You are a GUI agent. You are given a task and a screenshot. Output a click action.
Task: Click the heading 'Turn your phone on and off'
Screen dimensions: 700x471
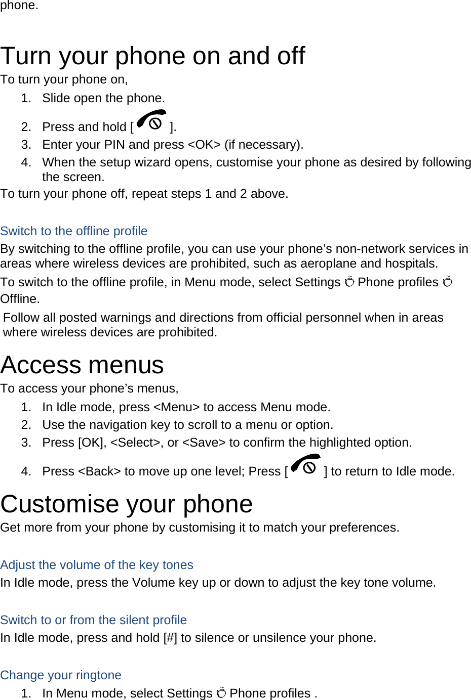coord(152,56)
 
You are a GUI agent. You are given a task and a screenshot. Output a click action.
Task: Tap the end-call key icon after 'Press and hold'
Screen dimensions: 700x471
coord(151,121)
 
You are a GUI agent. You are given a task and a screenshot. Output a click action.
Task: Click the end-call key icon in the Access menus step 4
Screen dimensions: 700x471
coord(306,466)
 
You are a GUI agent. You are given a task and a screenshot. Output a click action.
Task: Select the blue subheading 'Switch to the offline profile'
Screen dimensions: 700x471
coord(74,231)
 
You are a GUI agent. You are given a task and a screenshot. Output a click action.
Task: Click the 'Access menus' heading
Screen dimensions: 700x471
coord(82,365)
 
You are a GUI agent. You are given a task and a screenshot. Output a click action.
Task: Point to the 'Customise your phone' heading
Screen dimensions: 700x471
coord(127,504)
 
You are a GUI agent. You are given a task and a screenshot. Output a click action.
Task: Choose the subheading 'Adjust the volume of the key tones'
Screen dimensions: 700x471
coord(97,565)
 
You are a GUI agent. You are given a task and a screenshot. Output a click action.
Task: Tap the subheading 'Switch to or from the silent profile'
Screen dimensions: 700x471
coord(94,620)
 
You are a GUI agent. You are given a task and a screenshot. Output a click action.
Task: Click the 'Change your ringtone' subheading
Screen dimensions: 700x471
coord(61,675)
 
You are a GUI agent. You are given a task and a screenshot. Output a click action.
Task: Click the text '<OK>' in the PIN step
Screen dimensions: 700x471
coord(204,145)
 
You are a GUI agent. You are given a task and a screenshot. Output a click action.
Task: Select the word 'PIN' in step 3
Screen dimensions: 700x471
coord(114,145)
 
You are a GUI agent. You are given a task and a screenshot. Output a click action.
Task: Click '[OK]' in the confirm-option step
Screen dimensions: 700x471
coord(92,443)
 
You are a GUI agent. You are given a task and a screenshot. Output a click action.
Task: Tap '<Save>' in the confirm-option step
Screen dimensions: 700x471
coord(204,443)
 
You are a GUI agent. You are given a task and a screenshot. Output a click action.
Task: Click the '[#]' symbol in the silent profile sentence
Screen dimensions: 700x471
coord(170,638)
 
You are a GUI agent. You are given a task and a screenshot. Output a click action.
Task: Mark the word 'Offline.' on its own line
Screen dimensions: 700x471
coord(20,299)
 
